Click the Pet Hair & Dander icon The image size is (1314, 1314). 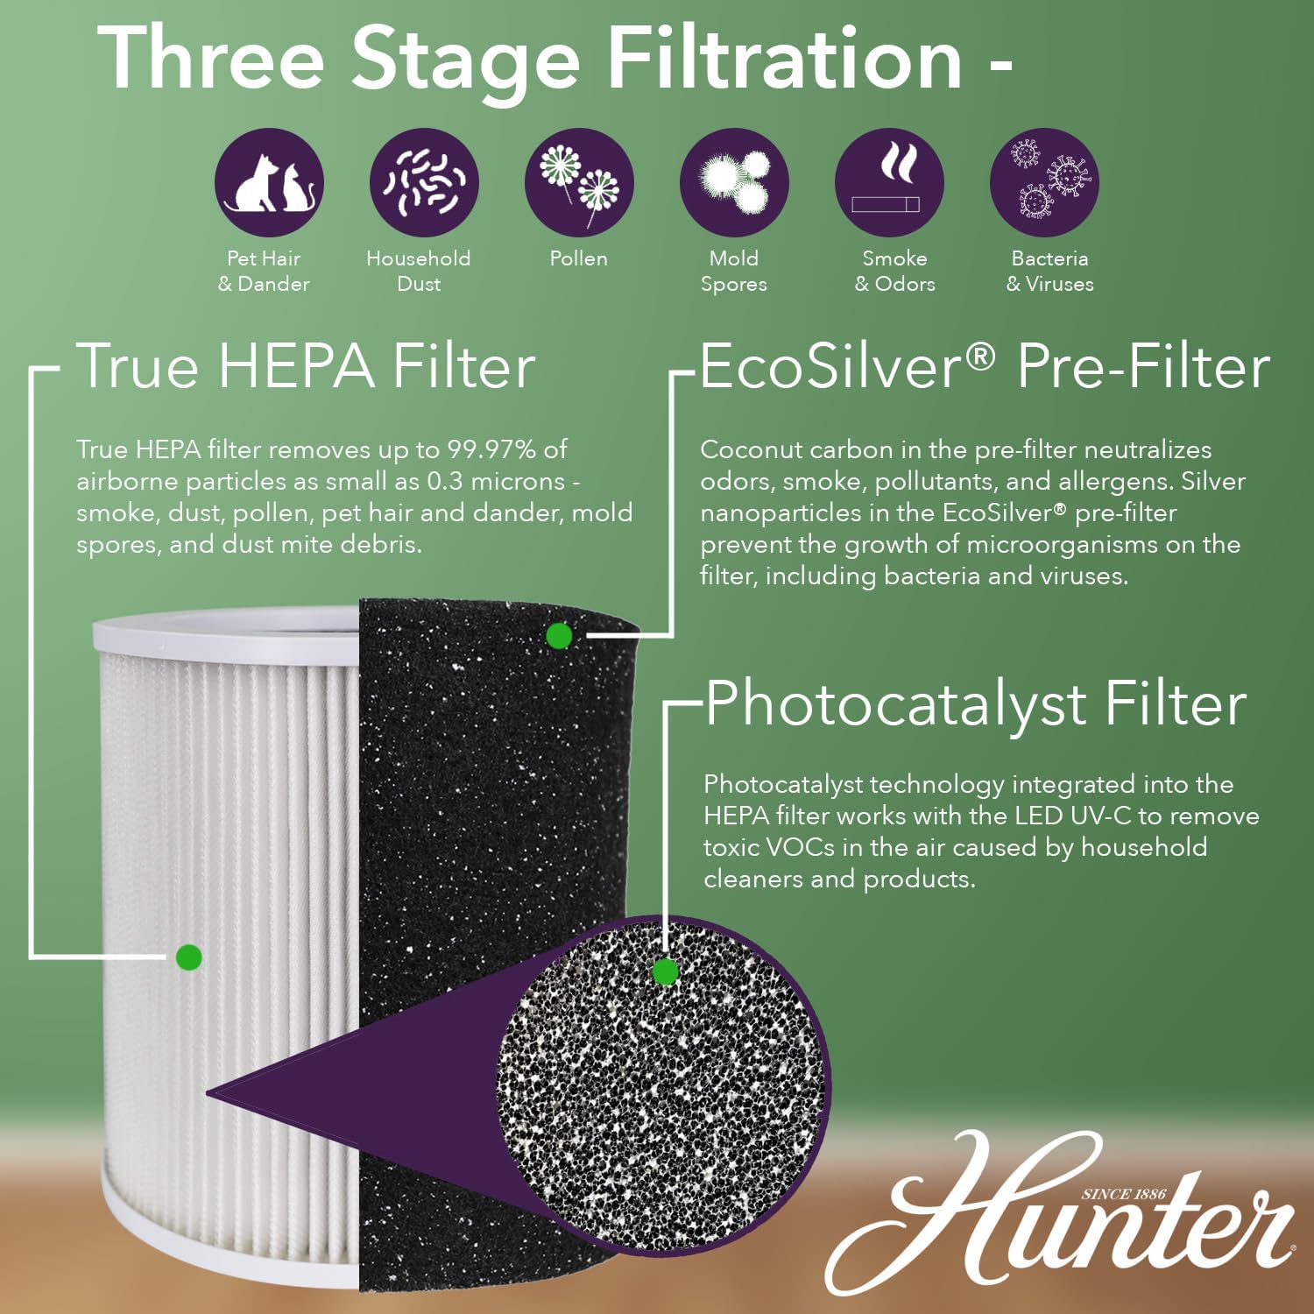pos(269,182)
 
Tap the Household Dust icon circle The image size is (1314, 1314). pos(424,182)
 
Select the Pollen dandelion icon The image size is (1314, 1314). pos(579,182)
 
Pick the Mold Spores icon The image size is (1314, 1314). pos(734,182)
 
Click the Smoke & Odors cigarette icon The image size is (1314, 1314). pos(889,182)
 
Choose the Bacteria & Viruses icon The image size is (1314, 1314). pos(1044,182)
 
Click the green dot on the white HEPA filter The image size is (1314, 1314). pos(188,957)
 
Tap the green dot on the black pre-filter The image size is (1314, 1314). pos(559,636)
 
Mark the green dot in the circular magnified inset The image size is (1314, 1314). pos(666,971)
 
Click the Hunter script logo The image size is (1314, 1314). pos(1060,1218)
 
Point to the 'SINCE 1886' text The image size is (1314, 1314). pos(1123,1194)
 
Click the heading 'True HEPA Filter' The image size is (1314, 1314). pos(306,366)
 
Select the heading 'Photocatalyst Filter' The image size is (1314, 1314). pos(976,703)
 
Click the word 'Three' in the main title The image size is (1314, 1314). pos(211,59)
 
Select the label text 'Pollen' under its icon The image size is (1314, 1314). pos(578,258)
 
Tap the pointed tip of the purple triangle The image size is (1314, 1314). pos(208,1092)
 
